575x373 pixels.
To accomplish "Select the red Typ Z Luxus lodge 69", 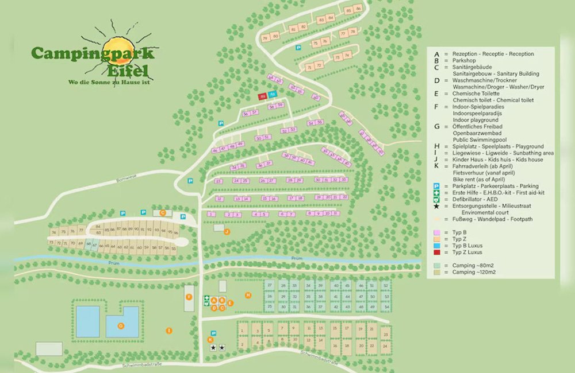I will click(x=263, y=96).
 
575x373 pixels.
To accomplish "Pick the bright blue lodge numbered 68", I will click(x=273, y=94).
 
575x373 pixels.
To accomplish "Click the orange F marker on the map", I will click(x=189, y=297).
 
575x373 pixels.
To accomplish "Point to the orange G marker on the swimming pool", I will click(x=121, y=325).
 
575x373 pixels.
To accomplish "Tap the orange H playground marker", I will click(x=248, y=295).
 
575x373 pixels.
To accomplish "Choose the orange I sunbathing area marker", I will click(x=169, y=331).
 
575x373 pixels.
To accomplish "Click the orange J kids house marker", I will click(x=227, y=231).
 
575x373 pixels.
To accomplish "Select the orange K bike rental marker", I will click(x=210, y=340).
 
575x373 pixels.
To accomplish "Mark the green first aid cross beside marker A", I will click(x=206, y=299).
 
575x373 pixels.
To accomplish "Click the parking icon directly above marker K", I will click(x=213, y=333).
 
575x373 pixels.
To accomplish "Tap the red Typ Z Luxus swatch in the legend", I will click(x=436, y=252).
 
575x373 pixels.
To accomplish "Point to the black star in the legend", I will click(x=437, y=206).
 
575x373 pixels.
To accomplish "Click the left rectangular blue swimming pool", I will click(x=87, y=321).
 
